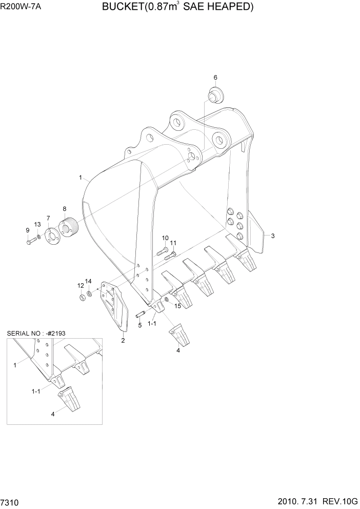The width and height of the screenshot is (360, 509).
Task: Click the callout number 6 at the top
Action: point(215,77)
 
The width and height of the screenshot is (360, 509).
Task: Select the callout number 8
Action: point(65,209)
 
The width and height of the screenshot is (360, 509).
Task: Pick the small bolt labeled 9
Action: point(30,240)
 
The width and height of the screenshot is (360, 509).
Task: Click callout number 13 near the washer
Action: point(37,225)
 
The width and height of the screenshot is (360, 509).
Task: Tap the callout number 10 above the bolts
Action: point(165,238)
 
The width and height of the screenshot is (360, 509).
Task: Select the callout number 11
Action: point(173,243)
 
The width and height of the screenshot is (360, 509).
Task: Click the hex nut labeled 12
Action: point(82,297)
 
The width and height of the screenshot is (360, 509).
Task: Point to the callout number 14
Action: point(88,281)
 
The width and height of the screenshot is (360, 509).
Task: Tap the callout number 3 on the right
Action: point(273,236)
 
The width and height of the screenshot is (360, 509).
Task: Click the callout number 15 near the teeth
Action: point(178,306)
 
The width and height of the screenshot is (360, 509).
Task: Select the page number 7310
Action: point(11,501)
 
